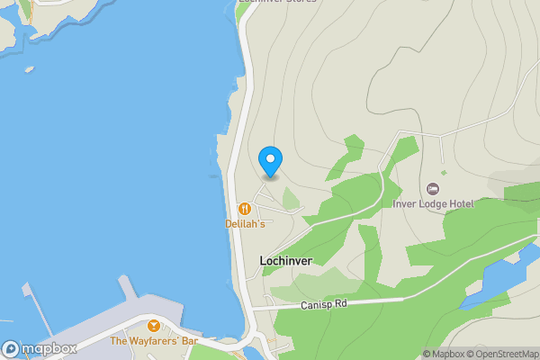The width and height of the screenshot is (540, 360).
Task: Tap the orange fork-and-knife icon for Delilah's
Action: click(x=243, y=209)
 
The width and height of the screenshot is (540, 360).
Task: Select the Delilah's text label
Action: click(x=245, y=223)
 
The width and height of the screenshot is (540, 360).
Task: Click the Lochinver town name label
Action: click(x=285, y=261)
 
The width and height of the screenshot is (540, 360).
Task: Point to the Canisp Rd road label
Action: click(x=323, y=305)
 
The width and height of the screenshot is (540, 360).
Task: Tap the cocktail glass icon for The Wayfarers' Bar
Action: click(x=154, y=325)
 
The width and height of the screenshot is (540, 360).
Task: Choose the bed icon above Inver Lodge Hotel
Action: click(x=433, y=189)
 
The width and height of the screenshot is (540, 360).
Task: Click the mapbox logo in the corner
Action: click(x=39, y=348)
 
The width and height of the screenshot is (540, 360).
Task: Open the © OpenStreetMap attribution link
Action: click(x=505, y=354)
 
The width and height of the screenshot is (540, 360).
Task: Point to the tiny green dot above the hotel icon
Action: click(x=443, y=173)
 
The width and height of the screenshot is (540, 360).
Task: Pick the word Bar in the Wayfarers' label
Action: click(x=189, y=341)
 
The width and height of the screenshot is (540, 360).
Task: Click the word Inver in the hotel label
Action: click(x=406, y=204)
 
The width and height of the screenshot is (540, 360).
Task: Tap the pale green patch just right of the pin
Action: click(x=291, y=198)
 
